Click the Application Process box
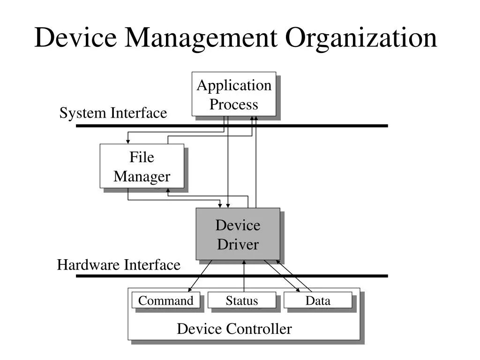(233, 94)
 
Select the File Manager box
(142, 166)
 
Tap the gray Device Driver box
(238, 234)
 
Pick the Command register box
(166, 300)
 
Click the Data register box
(318, 300)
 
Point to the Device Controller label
(234, 329)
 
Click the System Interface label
(113, 113)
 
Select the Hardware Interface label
(119, 265)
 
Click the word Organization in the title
(361, 37)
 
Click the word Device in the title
(75, 37)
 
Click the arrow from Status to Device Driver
(244, 277)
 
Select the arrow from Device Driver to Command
(200, 276)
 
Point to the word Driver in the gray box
(238, 244)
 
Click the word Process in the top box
(233, 104)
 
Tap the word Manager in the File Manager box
(142, 177)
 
